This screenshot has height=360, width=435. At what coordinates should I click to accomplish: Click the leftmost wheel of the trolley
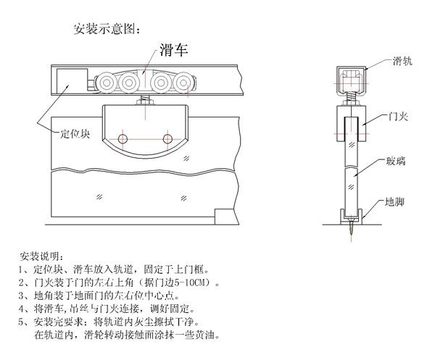(x=106, y=80)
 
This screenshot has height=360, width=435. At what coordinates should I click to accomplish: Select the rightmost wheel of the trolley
(x=187, y=80)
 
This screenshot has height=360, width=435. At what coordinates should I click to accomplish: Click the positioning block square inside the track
(x=67, y=80)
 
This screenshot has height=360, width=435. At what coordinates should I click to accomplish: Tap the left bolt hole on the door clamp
(x=123, y=138)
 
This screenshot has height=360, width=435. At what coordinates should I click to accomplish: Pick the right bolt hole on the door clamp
(x=168, y=138)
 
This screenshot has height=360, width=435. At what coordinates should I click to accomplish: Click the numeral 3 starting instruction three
(x=20, y=296)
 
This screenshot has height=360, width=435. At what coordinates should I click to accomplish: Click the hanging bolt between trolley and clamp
(x=146, y=101)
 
